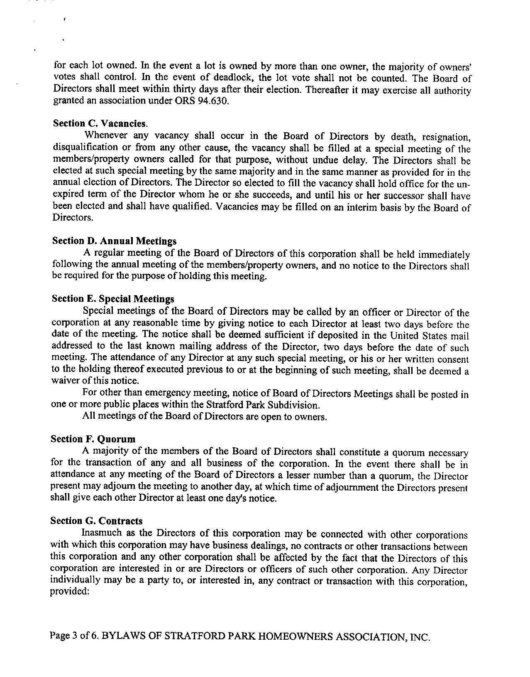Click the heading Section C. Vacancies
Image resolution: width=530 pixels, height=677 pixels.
[100, 124]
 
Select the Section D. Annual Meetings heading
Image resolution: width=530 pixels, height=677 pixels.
[114, 241]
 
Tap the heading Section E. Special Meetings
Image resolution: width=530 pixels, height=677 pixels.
[113, 299]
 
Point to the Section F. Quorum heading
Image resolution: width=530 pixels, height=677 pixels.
[93, 439]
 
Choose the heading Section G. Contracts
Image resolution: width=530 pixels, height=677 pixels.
[96, 521]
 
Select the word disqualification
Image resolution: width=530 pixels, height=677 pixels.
[85, 147]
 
